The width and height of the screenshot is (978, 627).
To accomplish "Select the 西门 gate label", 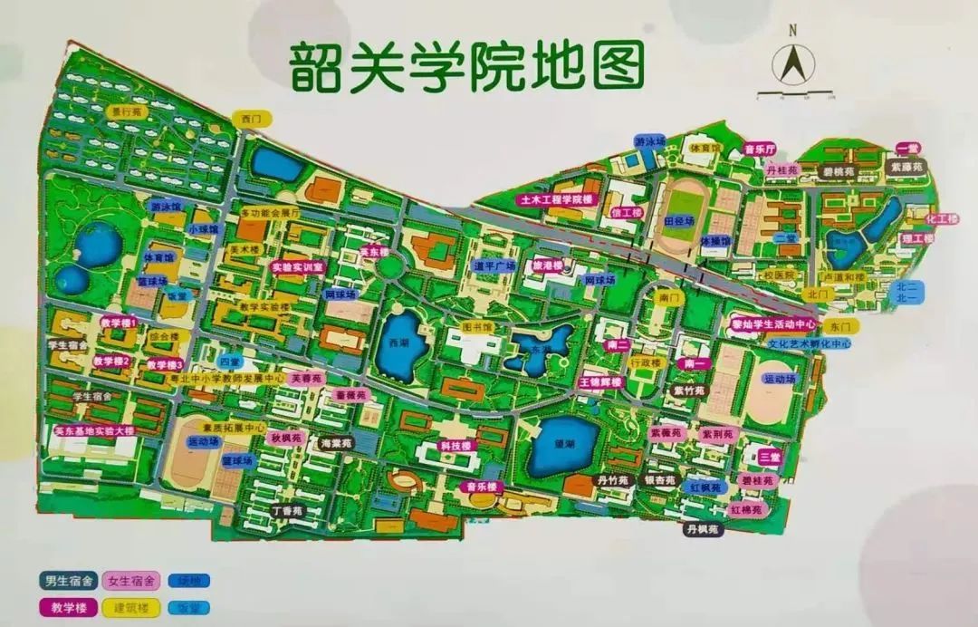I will point(251,118).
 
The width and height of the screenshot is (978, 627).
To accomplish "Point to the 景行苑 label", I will point(127,112).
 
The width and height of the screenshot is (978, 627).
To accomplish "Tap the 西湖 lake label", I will point(398,344).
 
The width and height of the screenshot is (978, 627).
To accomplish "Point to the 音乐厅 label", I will point(759,149).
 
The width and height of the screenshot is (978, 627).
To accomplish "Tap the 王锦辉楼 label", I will point(601,382).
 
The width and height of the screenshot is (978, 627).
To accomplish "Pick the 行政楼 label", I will point(646,362).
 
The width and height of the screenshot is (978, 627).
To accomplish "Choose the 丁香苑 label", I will point(291,511).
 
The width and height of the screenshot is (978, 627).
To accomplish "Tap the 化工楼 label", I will point(942,219).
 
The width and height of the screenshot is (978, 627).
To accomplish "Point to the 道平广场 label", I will point(494,265).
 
